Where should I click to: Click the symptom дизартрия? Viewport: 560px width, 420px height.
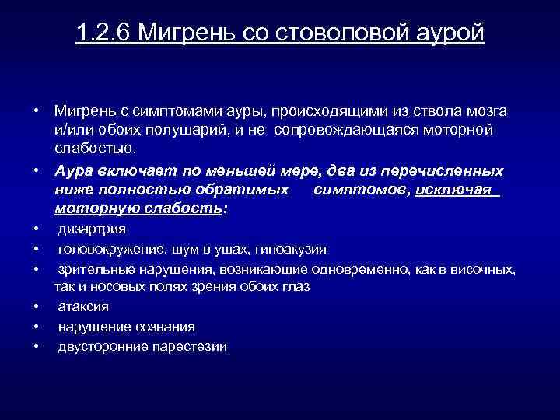(x=92, y=229)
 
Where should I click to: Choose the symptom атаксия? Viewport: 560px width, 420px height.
(x=83, y=306)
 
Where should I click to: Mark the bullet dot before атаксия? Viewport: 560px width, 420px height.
(x=37, y=306)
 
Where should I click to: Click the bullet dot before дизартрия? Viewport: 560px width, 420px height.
(x=37, y=229)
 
